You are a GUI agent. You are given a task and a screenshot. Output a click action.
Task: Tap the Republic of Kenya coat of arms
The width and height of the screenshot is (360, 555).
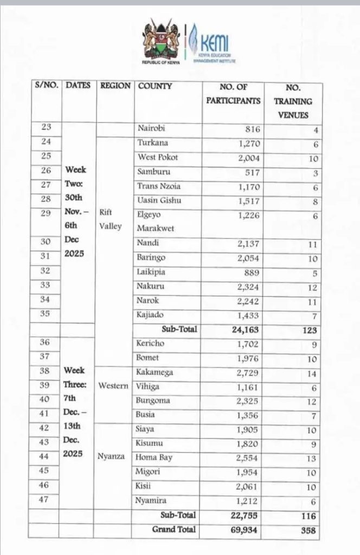coord(160,42)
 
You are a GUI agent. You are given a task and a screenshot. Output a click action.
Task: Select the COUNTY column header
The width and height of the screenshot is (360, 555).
coord(155,86)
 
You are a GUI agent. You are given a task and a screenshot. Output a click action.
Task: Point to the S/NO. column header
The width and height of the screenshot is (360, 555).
coord(46,86)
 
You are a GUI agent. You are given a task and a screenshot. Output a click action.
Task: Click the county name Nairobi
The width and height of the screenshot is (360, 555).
coord(152,128)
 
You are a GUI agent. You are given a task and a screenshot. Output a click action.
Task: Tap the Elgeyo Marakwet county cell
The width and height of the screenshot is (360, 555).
coord(157,222)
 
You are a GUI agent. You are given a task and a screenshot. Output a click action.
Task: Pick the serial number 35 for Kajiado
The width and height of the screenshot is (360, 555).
coord(46,314)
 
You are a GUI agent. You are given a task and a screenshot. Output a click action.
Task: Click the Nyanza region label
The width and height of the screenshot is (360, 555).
coord(112,456)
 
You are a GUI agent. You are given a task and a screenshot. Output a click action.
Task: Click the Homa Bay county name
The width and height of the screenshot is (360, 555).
coord(155,457)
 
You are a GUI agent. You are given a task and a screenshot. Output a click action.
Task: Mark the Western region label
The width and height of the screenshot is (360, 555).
coord(113,386)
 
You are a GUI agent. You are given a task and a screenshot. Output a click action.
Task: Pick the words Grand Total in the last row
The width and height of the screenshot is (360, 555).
coord(174,528)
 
